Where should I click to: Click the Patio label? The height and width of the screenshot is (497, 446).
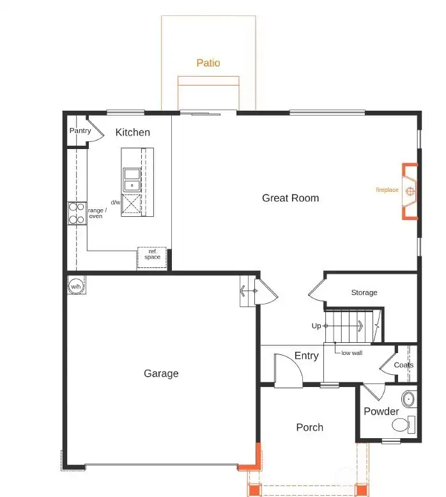[208, 63]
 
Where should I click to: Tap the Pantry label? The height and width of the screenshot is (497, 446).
[81, 131]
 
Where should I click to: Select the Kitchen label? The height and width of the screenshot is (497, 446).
[133, 132]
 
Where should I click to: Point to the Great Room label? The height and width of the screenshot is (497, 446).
[290, 198]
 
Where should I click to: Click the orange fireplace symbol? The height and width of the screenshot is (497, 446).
[410, 191]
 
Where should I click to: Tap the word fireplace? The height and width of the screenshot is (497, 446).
[387, 190]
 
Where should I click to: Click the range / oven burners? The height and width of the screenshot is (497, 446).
[77, 213]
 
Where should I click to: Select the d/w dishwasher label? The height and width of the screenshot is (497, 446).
[115, 203]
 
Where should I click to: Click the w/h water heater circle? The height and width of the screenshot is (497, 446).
[76, 286]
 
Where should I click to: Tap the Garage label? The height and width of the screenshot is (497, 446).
[161, 374]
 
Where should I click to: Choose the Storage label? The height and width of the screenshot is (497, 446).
[364, 293]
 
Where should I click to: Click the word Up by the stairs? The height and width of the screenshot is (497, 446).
[316, 326]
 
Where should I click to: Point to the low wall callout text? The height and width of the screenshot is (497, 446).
[351, 353]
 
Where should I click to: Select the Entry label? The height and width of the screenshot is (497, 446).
[306, 356]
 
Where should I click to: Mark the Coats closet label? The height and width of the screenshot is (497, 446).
[404, 365]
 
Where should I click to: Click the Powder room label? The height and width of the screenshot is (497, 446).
[381, 411]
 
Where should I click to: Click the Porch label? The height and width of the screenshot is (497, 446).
[309, 427]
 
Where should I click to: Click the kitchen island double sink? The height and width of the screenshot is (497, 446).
[132, 180]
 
